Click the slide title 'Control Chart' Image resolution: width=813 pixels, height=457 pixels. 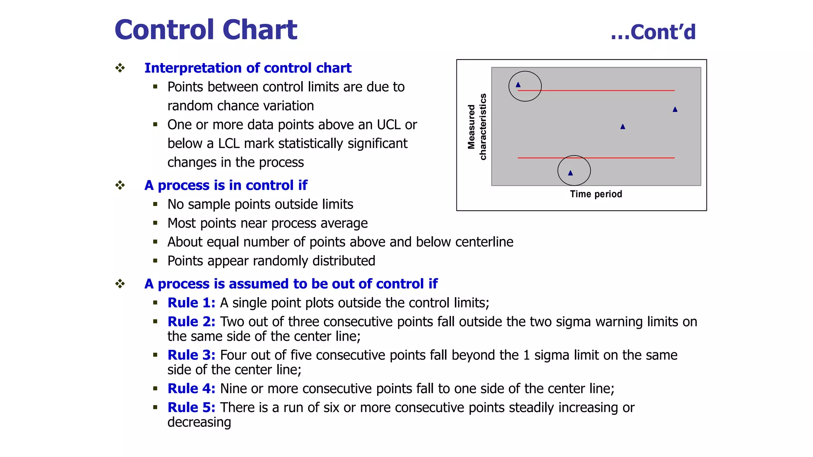(206, 30)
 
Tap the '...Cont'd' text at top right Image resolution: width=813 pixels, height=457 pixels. (653, 32)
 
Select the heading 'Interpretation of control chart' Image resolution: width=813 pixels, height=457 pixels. (248, 68)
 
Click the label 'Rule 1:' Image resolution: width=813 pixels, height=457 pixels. (191, 303)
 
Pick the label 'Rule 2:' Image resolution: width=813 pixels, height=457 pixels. (191, 322)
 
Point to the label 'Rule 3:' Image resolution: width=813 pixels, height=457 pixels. (191, 355)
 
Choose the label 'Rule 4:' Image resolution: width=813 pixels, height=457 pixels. (191, 388)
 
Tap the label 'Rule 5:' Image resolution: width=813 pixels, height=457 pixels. (191, 407)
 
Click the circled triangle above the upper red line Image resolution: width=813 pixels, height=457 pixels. (518, 85)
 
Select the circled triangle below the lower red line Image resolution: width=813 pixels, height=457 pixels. (570, 173)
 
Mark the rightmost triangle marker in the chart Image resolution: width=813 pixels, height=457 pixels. (675, 109)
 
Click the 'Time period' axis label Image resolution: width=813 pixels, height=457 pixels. (596, 194)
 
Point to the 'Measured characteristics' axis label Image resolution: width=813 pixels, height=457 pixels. (477, 127)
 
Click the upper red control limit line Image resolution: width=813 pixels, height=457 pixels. (595, 90)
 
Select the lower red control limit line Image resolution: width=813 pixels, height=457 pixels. (619, 158)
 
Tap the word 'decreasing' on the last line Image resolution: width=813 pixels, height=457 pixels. (199, 422)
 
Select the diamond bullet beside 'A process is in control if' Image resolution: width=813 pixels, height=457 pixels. (120, 185)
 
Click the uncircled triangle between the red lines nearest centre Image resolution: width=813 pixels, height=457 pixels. (622, 127)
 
